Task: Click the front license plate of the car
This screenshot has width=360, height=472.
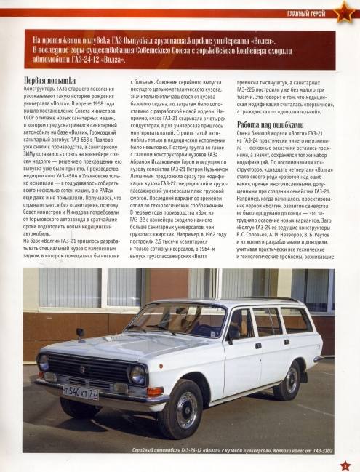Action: [81, 393]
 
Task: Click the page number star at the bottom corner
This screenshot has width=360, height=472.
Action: [345, 463]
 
